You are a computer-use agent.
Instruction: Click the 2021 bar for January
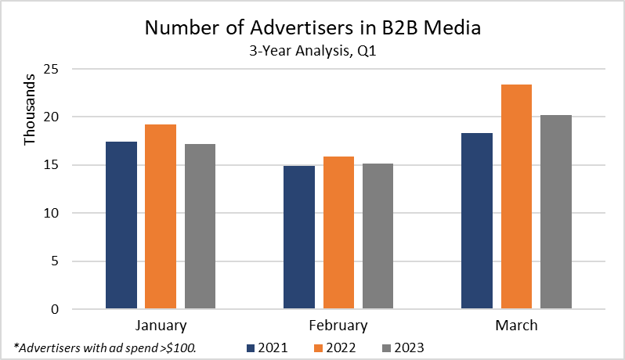121,225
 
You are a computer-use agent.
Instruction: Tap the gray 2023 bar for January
200,227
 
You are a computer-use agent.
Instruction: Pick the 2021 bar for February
298,238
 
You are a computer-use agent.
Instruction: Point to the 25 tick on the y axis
51,69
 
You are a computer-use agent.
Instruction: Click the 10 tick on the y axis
51,213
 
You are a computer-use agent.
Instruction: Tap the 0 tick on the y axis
55,309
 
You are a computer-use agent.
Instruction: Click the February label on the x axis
338,325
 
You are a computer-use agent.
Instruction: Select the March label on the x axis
515,325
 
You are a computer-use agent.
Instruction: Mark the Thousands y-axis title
30,110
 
